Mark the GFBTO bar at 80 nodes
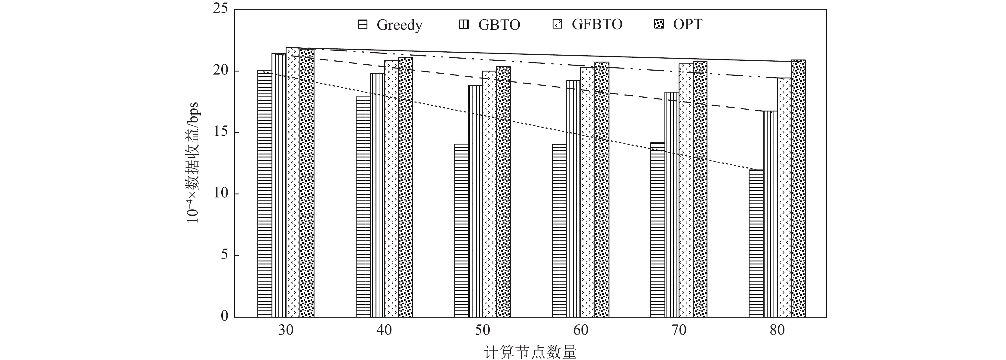tap(784, 197)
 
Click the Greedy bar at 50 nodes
tap(461, 230)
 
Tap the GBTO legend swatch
tap(464, 25)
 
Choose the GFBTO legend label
tap(597, 25)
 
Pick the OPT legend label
tap(687, 25)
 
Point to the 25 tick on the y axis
tap(221, 9)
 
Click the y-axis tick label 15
tap(221, 132)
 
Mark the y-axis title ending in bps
tap(193, 162)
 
